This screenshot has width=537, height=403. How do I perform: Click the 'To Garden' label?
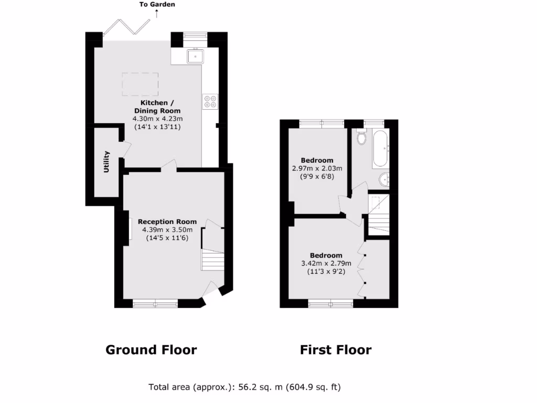[x=157, y=5]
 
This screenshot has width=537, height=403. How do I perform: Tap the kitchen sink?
[x=196, y=55]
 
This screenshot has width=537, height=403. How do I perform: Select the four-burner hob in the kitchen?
[x=210, y=101]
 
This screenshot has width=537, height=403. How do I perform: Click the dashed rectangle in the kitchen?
[x=141, y=84]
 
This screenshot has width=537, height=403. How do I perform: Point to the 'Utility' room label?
[x=107, y=162]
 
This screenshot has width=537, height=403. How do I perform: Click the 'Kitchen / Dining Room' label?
[x=157, y=107]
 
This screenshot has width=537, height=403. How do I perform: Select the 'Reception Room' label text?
[x=167, y=221]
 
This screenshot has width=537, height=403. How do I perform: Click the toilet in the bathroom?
[x=361, y=137]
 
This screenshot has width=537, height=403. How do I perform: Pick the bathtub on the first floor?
[x=380, y=149]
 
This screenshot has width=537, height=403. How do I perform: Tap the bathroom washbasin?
[x=386, y=180]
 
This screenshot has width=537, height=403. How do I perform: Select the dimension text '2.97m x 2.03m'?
[x=317, y=168]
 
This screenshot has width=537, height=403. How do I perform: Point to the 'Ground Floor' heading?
[x=151, y=350]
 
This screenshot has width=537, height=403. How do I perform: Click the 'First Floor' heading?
[x=336, y=350]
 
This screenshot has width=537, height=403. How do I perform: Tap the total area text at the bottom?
[x=245, y=388]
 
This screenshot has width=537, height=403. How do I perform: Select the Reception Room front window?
[x=155, y=303]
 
